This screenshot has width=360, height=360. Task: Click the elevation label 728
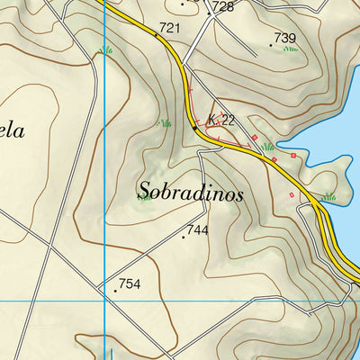[x=223, y=7]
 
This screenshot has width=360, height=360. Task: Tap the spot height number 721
[x=170, y=29]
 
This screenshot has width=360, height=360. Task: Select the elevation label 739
[x=285, y=38]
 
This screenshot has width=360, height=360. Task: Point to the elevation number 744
[x=198, y=230]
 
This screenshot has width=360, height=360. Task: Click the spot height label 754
[x=130, y=284]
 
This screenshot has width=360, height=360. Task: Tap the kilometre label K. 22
[x=221, y=121]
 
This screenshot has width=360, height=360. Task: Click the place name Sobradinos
[x=191, y=191]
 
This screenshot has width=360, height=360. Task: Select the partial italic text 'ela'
[x=11, y=131]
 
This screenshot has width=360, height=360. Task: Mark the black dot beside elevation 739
[x=271, y=44]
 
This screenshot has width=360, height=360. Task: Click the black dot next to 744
[x=184, y=237]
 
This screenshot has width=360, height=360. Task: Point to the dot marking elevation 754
[x=115, y=291]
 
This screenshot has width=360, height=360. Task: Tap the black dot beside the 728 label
[x=209, y=13]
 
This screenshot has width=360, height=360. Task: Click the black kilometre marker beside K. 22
[x=194, y=129]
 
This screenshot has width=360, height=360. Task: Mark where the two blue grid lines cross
[x=106, y=300]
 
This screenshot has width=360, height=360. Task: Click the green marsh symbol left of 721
[x=107, y=50]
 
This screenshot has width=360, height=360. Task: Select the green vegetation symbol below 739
[x=290, y=49]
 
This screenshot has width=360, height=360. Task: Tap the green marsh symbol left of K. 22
[x=164, y=122]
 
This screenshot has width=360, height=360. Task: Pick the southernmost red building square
[x=291, y=195]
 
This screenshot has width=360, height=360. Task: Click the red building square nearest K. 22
[x=255, y=137]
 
